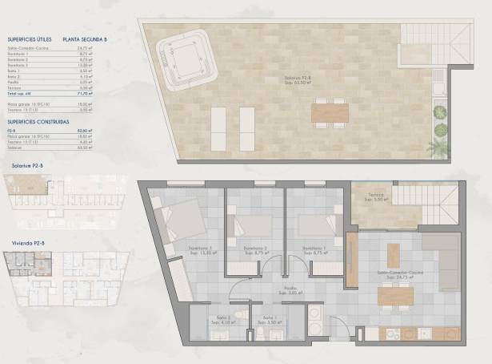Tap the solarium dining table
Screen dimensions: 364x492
coord(330,111)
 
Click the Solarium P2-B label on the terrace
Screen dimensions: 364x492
coord(298,79)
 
